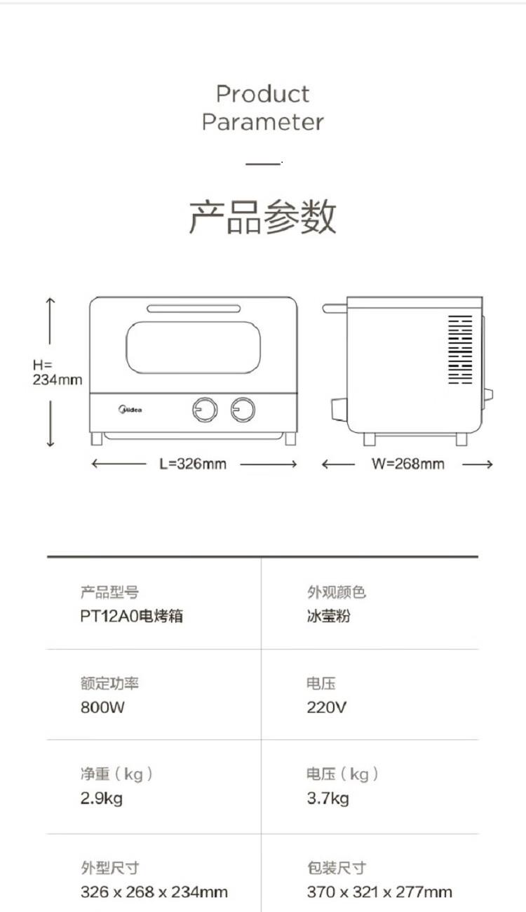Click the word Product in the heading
[x=262, y=94]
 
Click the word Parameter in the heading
[x=262, y=122]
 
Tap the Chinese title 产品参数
[x=262, y=217]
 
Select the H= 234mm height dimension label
[x=58, y=372]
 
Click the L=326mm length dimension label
[x=193, y=464]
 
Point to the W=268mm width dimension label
[x=407, y=464]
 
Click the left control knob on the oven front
[x=205, y=410]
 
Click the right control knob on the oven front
[x=243, y=410]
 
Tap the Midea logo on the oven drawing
[x=130, y=410]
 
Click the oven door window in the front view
[x=194, y=347]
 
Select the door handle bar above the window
[x=194, y=309]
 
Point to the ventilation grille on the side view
[x=461, y=349]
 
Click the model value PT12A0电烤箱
[x=132, y=616]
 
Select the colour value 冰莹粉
[x=328, y=616]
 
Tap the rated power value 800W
[x=102, y=708]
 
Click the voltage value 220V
[x=327, y=708]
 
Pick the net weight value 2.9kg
[x=102, y=798]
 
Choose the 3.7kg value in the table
[x=328, y=798]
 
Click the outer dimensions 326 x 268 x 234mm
[x=154, y=892]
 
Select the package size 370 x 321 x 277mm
[x=379, y=892]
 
